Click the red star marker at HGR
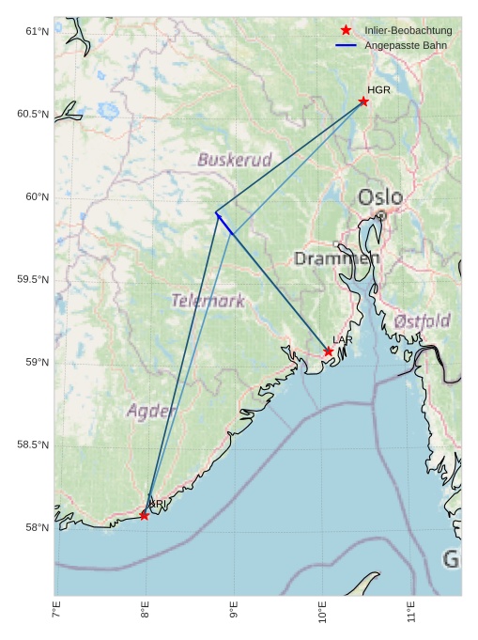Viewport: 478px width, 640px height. tap(363, 101)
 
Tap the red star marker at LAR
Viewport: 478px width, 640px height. tap(329, 351)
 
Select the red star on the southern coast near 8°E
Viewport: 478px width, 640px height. tap(144, 515)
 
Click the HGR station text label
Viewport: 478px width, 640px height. tap(378, 90)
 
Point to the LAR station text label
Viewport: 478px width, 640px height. tap(343, 339)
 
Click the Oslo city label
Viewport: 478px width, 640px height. tap(380, 198)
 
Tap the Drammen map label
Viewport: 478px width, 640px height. tap(336, 258)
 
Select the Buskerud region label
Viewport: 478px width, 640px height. tap(234, 160)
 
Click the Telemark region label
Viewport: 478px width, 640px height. tap(208, 301)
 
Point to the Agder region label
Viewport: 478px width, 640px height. tap(150, 411)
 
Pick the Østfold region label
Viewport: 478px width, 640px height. tap(422, 320)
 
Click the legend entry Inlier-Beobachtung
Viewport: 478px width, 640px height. tap(408, 31)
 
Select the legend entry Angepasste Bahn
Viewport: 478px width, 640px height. tap(405, 45)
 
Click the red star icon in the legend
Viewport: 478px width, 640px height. tap(346, 31)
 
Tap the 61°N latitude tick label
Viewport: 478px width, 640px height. tap(37, 32)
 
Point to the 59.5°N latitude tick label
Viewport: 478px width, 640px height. tap(33, 280)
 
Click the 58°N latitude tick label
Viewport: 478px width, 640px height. tap(37, 527)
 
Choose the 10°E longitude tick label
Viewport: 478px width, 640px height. tap(323, 613)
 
